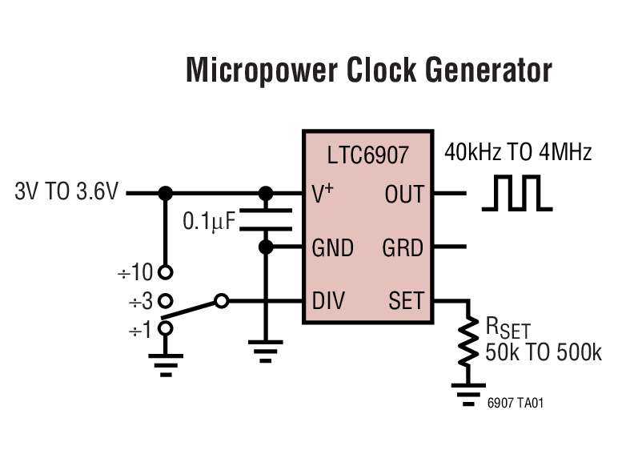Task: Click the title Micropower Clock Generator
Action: tap(368, 70)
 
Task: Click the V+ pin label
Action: tap(323, 193)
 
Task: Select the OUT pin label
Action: tap(403, 193)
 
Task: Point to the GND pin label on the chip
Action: tap(332, 247)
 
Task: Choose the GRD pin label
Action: tap(403, 247)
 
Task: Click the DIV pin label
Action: tap(328, 301)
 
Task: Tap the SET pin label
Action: tap(406, 301)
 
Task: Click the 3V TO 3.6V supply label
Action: tap(66, 193)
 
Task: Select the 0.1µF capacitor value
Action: tap(211, 221)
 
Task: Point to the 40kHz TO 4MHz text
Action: tap(518, 152)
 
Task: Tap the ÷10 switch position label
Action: tap(134, 273)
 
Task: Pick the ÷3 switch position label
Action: tap(139, 301)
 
